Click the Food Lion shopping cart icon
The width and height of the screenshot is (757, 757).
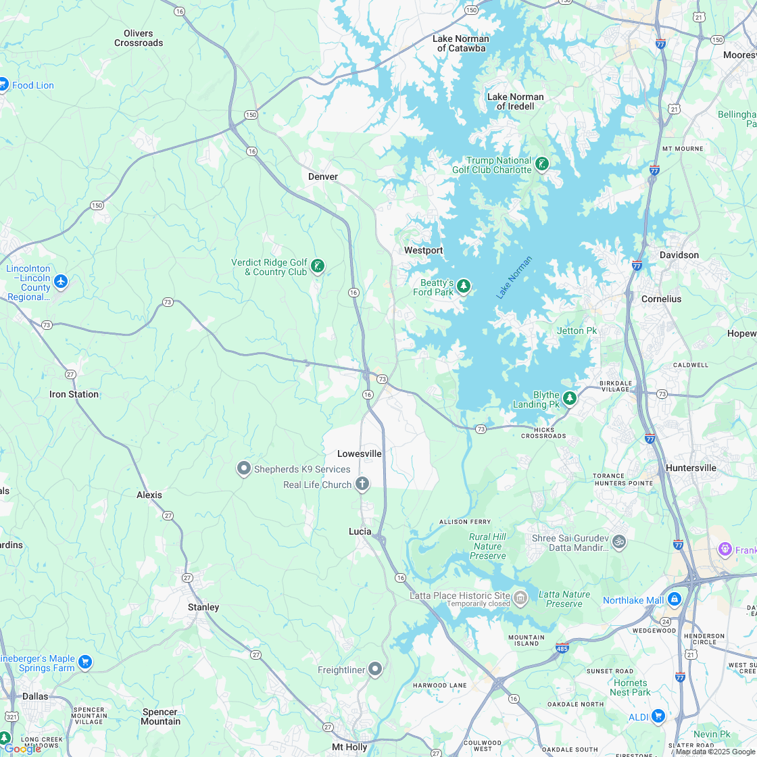click(3, 84)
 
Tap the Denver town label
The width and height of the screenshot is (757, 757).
click(322, 176)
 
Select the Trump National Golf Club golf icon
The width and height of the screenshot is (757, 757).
click(541, 164)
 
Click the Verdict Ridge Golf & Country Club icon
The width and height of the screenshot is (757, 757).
click(317, 266)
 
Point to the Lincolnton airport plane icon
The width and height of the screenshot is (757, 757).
click(61, 281)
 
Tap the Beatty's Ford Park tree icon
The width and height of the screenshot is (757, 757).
click(463, 287)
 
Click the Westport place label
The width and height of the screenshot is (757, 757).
click(423, 251)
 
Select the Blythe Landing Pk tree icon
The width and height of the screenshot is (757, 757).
click(570, 398)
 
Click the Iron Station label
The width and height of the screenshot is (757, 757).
click(74, 394)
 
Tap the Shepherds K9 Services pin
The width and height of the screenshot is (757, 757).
click(243, 468)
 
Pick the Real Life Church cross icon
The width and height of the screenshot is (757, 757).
click(362, 483)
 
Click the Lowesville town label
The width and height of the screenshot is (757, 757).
click(360, 454)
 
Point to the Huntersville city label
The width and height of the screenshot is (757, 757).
click(691, 468)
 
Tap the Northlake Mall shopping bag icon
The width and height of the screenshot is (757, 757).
click(674, 600)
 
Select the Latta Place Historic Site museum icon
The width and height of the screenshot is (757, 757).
click(520, 597)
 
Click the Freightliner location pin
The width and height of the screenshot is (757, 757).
click(375, 669)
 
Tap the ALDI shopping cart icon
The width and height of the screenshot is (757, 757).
click(658, 716)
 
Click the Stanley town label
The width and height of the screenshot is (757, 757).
click(203, 607)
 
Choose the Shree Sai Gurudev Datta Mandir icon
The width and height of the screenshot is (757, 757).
click(618, 541)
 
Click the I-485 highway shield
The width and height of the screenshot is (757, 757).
click(562, 648)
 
